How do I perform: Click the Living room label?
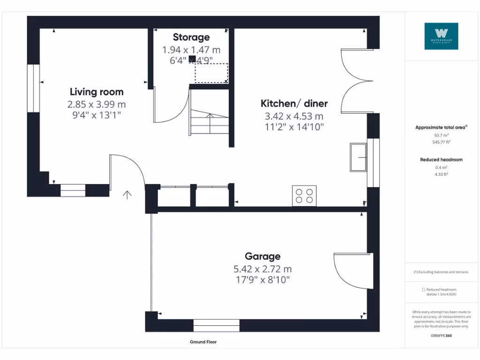[97, 92]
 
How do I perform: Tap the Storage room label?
[191, 37]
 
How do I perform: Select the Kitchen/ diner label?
[294, 104]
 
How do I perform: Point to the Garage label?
[262, 256]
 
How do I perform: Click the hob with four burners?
[304, 195]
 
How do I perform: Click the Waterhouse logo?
[441, 36]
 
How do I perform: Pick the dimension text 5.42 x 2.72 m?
[262, 269]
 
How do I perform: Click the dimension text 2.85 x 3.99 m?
[97, 104]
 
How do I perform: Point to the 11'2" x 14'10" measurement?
[294, 127]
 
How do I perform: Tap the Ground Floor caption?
[203, 342]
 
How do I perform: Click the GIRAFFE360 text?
[441, 336]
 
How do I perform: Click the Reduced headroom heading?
[441, 160]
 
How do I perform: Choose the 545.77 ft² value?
[441, 142]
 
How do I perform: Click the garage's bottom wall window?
[217, 325]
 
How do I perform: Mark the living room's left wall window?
[33, 89]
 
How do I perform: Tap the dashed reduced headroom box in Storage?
[211, 73]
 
